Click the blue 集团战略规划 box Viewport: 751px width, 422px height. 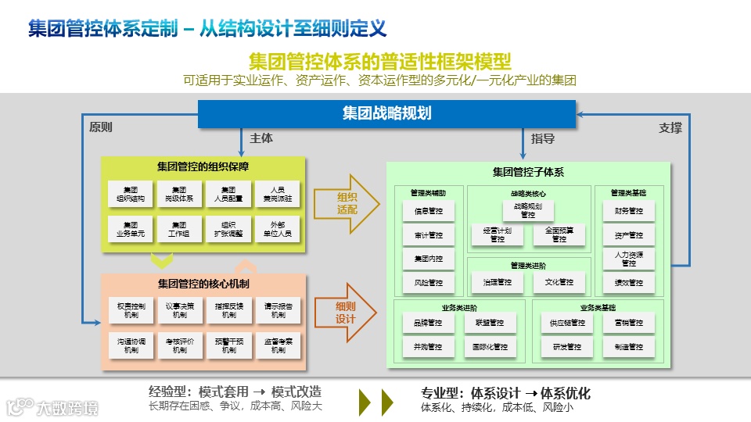(x=386, y=113)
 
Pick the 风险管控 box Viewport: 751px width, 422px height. (x=429, y=282)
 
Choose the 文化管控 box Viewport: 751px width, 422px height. (x=559, y=282)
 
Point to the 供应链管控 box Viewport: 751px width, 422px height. (x=568, y=323)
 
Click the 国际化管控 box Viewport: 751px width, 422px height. (x=490, y=346)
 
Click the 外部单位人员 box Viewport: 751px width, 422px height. (x=278, y=230)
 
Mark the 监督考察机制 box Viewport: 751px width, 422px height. (x=278, y=345)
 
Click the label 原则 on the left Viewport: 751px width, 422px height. (x=101, y=127)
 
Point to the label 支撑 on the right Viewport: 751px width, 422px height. (x=670, y=127)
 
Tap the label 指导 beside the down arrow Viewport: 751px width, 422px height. (x=543, y=139)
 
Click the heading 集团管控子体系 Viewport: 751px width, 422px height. (x=528, y=172)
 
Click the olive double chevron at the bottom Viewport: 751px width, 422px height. (x=375, y=401)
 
